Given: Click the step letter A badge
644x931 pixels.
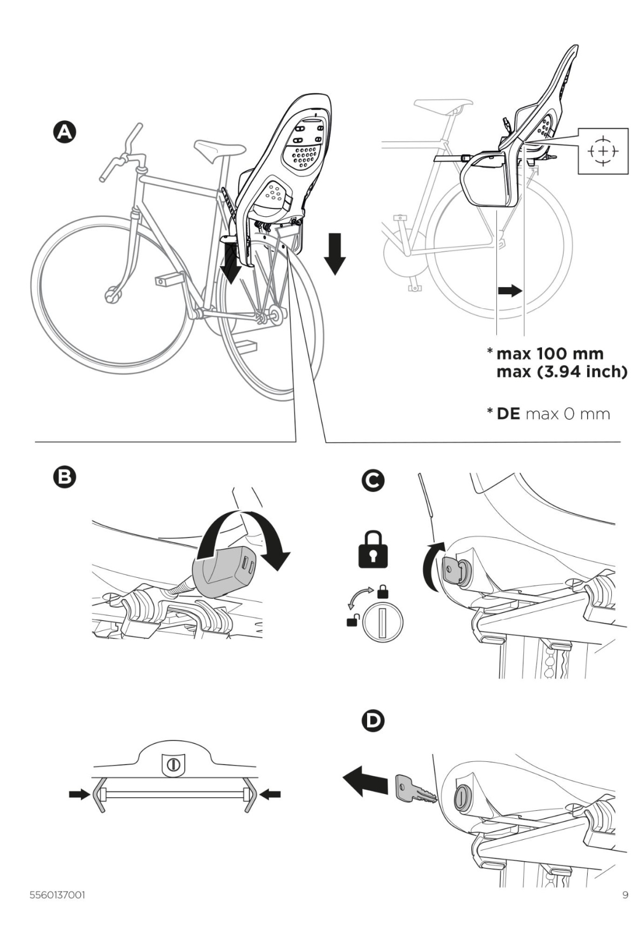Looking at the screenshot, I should (x=64, y=133).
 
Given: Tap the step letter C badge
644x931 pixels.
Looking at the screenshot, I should (x=373, y=480).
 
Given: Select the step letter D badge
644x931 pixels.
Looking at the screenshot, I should (x=373, y=721).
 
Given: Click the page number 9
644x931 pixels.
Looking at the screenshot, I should (x=625, y=895).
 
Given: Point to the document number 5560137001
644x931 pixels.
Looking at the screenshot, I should (x=56, y=895).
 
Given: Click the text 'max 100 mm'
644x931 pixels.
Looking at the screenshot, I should (x=550, y=353).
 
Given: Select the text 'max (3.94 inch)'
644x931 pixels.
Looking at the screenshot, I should (x=561, y=371).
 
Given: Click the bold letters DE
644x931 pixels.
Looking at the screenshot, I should (x=508, y=414).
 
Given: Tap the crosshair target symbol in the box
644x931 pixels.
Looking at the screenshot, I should (x=603, y=151).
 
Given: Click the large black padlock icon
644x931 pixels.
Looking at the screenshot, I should (x=373, y=549).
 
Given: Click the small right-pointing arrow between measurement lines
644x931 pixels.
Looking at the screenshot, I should (x=509, y=291).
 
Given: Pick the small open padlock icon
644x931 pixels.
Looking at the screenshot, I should (x=352, y=622).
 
